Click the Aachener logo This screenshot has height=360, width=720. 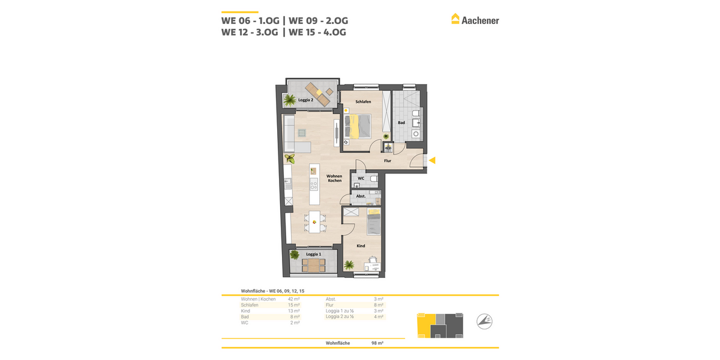click(x=475, y=20)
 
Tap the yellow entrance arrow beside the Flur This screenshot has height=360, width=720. click(x=431, y=160)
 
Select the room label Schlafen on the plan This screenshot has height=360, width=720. click(x=363, y=102)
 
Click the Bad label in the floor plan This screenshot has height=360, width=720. click(x=401, y=123)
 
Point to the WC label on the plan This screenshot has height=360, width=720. click(x=361, y=178)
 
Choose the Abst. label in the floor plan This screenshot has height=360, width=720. click(x=361, y=196)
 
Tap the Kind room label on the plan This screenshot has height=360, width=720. click(x=361, y=246)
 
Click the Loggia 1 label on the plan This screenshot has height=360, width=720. click(x=313, y=254)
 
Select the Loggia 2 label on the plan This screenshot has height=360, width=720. click(x=306, y=100)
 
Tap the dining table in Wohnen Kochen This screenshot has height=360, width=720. click(x=314, y=223)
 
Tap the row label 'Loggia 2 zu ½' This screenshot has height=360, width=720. click(x=340, y=317)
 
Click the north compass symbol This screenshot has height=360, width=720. click(x=485, y=322)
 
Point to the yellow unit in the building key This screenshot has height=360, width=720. click(x=425, y=326)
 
